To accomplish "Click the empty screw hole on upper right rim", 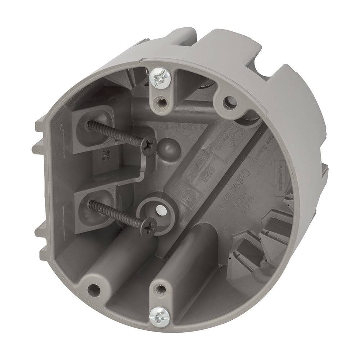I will pos(228,102).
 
